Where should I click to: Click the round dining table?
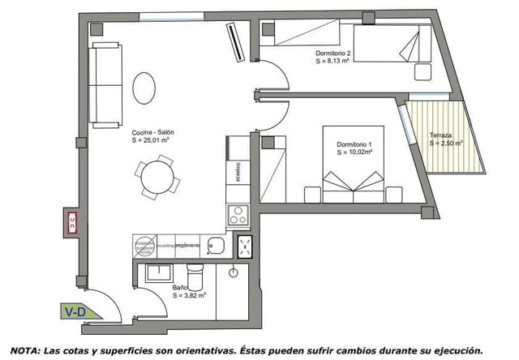pos(153,176)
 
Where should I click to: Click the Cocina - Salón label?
pos(152,132)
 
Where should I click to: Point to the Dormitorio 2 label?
pos(333,54)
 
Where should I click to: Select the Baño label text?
pos(181,287)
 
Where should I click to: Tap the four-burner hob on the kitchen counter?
pos(238,216)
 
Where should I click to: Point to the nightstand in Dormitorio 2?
pos(422,71)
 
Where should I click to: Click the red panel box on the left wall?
pos(72,221)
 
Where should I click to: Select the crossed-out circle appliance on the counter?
pos(144,244)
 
